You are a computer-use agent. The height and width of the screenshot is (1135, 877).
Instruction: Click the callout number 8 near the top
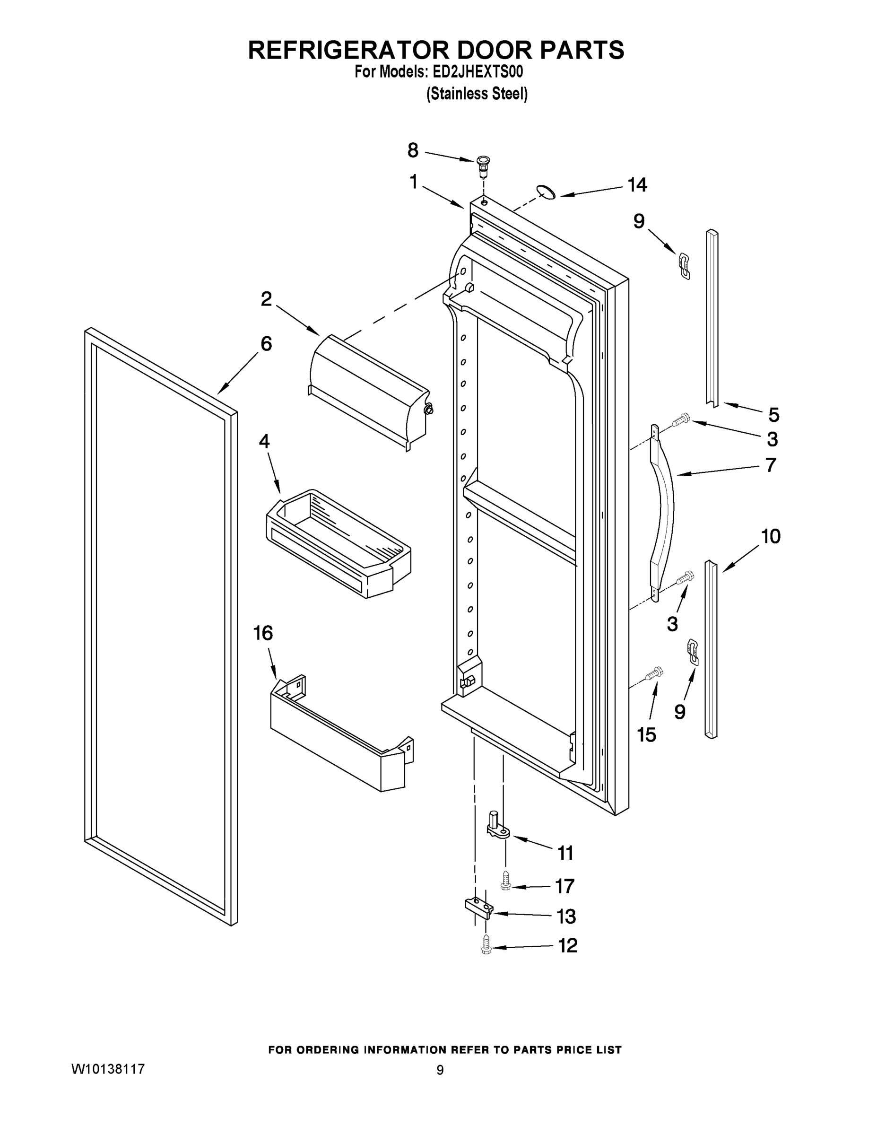click(x=413, y=151)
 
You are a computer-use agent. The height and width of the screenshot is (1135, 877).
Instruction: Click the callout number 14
click(x=637, y=185)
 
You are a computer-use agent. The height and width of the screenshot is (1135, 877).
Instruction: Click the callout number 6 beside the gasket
click(x=266, y=343)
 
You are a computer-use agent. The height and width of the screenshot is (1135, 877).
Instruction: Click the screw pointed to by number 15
click(x=652, y=674)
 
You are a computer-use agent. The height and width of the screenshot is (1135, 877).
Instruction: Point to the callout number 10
click(x=771, y=536)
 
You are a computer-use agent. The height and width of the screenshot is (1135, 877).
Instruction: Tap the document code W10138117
click(x=107, y=1069)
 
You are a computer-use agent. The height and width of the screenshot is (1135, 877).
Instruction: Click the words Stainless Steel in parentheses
click(x=477, y=94)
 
